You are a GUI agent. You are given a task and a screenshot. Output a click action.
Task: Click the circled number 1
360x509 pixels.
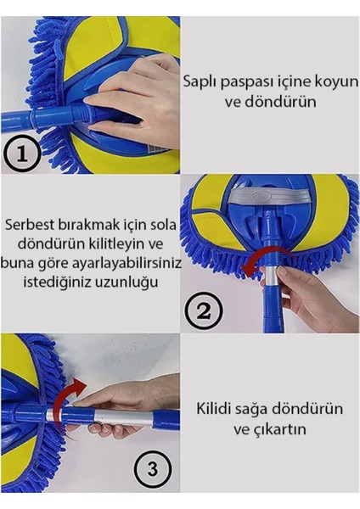click(23, 154)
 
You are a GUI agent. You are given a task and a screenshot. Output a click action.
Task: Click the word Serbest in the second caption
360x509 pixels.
click(31, 227)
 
